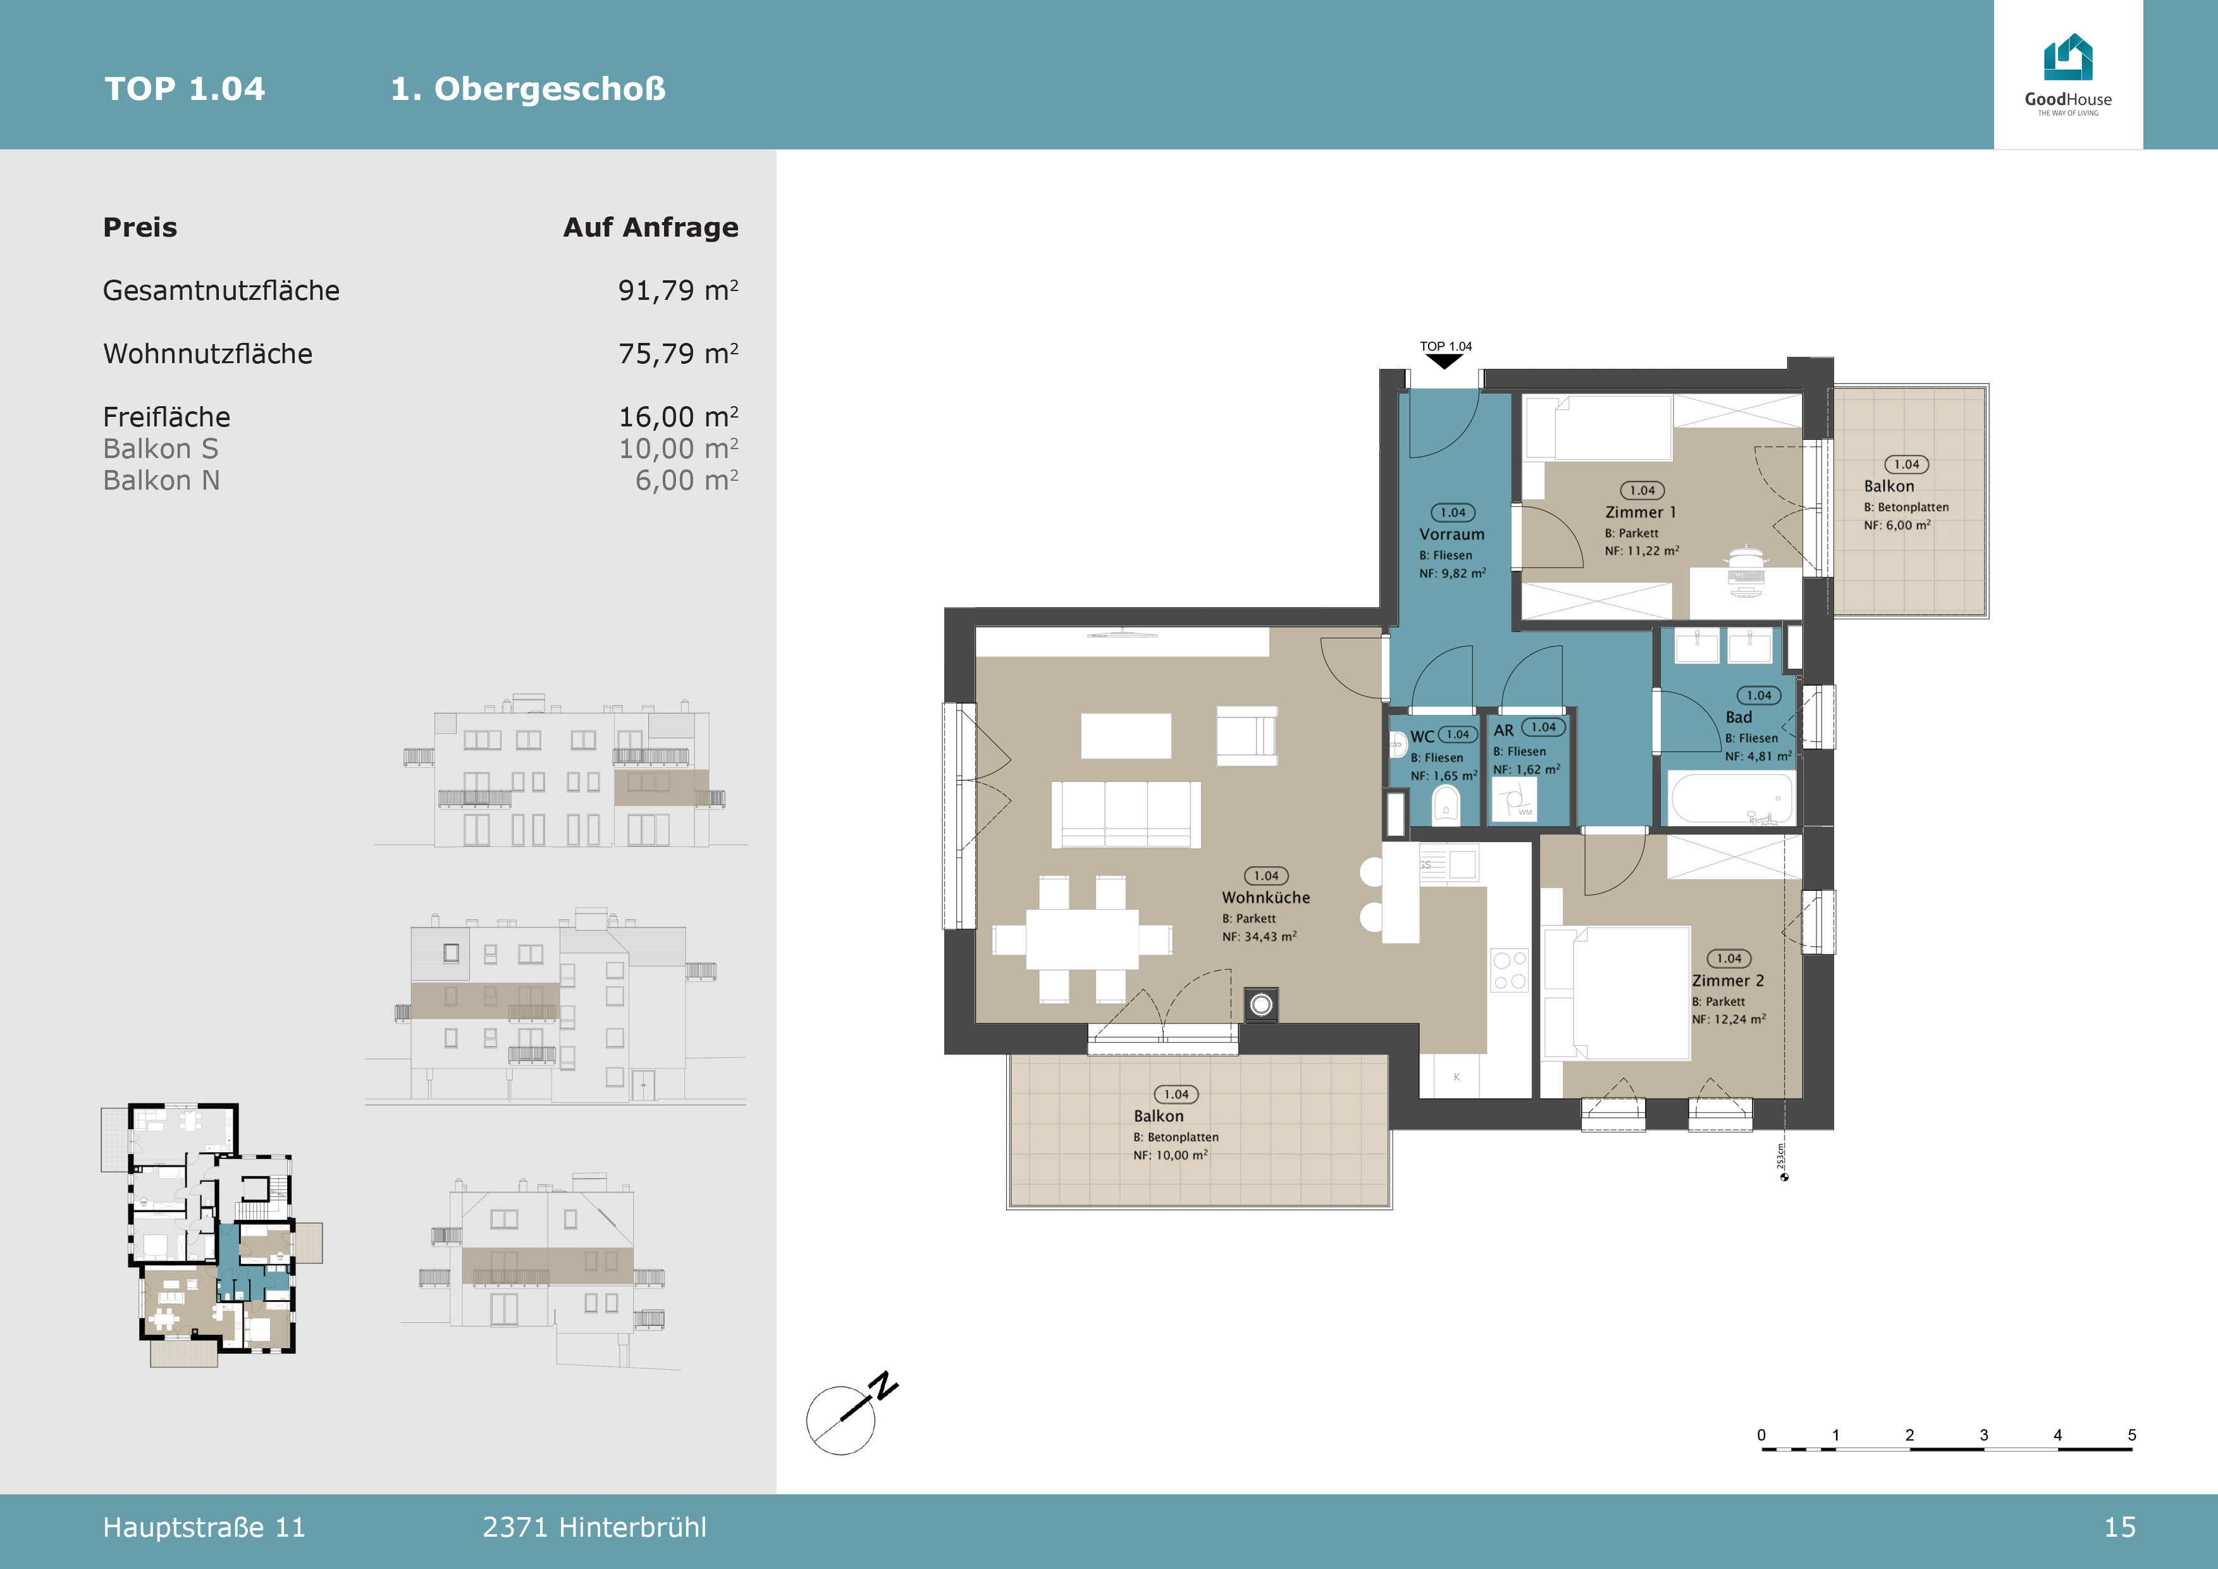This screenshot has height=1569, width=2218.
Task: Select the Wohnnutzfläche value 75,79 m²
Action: pyautogui.click(x=678, y=354)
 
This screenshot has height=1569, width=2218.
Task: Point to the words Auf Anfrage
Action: pyautogui.click(x=650, y=227)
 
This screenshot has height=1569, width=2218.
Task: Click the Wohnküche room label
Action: pyautogui.click(x=1266, y=898)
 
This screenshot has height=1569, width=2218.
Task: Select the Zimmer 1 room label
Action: pyautogui.click(x=1641, y=512)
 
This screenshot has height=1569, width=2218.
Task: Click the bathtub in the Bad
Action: pyautogui.click(x=1730, y=798)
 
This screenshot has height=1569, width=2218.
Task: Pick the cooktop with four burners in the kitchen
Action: pyautogui.click(x=1509, y=970)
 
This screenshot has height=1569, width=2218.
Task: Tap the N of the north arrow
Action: pyautogui.click(x=883, y=1386)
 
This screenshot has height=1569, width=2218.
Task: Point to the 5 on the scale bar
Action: pyautogui.click(x=2131, y=1435)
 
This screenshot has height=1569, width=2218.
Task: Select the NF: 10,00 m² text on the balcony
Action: pyautogui.click(x=1170, y=1155)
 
